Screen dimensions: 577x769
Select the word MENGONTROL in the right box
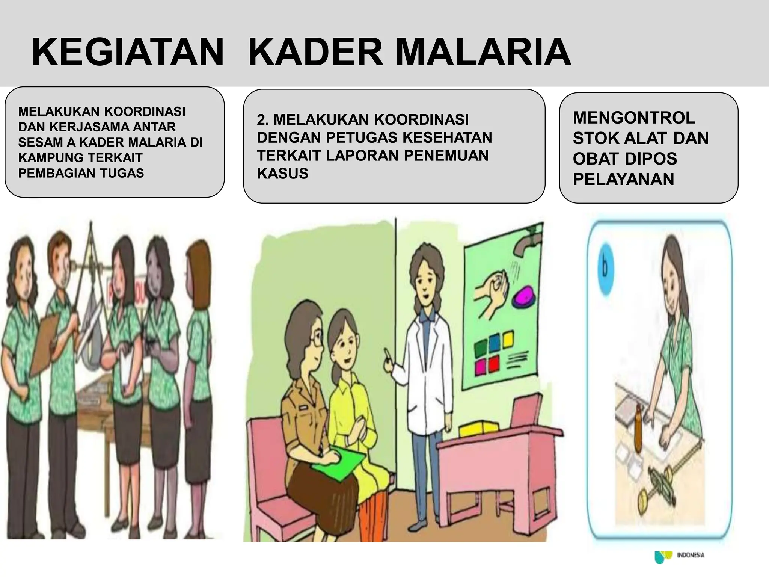click(634, 118)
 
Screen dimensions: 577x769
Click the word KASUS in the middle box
click(282, 174)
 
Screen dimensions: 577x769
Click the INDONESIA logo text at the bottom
click(690, 555)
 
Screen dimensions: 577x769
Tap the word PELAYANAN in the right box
click(623, 179)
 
